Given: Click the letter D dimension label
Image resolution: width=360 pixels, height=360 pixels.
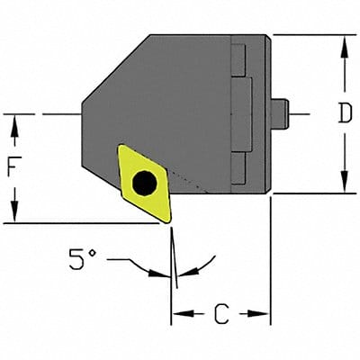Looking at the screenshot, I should click(x=343, y=113).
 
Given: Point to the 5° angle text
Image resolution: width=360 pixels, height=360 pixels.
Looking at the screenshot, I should click(x=82, y=261).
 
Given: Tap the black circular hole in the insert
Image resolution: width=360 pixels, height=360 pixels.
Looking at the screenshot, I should click(x=142, y=184).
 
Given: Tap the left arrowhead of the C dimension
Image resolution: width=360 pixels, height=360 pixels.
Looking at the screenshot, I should click(x=178, y=314).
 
